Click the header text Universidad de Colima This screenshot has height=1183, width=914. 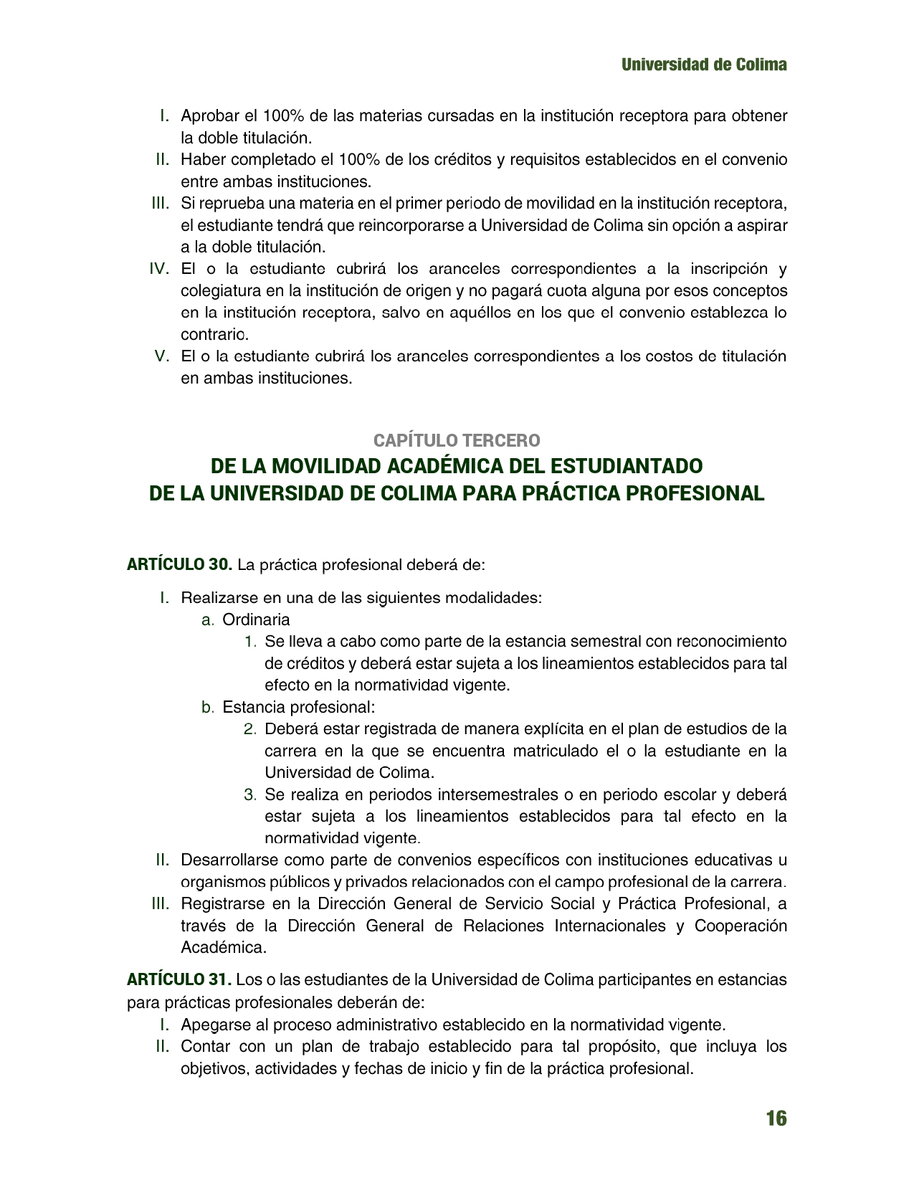704,65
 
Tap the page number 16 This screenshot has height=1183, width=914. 776,1118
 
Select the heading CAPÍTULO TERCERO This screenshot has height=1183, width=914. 457,440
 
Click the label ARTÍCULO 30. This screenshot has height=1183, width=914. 179,565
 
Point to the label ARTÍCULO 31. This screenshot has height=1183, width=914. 179,979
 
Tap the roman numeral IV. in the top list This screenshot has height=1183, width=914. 158,269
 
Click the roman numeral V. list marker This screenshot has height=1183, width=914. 162,356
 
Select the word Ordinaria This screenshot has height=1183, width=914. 256,619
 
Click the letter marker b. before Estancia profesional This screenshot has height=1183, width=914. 207,708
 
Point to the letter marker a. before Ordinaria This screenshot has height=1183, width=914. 207,619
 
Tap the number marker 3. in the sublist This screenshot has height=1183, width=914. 249,795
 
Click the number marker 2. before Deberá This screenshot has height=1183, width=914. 249,729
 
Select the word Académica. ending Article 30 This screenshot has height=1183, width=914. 224,947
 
